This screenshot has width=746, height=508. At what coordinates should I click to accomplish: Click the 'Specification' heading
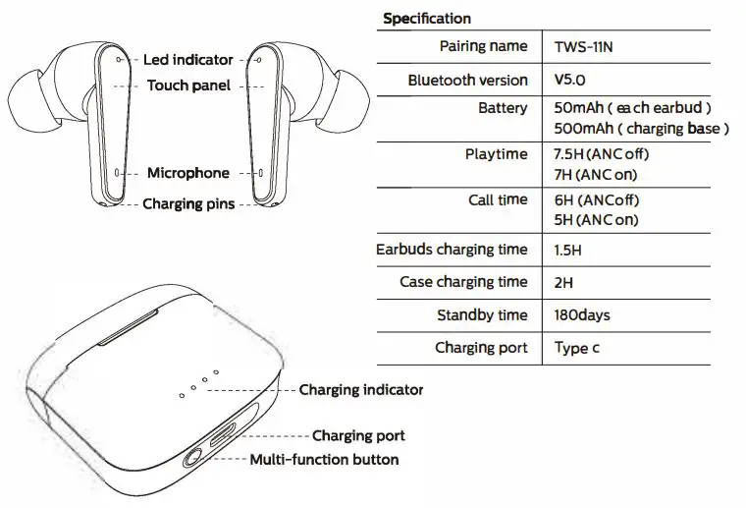(x=426, y=19)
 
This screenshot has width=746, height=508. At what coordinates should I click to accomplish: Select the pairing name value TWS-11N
(x=587, y=46)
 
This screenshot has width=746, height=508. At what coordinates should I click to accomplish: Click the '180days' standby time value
(x=582, y=315)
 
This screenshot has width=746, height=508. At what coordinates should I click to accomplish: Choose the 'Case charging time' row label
(x=463, y=282)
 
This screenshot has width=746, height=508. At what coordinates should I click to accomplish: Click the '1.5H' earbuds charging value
(x=568, y=251)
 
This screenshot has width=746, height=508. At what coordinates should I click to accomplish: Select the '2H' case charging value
(x=564, y=283)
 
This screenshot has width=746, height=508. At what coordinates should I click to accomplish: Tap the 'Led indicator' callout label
(x=188, y=60)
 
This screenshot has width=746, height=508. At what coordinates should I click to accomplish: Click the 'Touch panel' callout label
(x=188, y=85)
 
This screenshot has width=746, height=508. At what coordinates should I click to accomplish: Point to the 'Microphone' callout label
(x=188, y=173)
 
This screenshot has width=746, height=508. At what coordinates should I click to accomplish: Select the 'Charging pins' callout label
(x=188, y=204)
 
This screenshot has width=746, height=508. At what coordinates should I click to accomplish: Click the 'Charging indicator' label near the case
(x=361, y=390)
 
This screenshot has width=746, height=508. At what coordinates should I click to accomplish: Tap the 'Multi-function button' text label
(x=324, y=460)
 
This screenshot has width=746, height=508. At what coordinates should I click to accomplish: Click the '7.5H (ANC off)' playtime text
(x=602, y=154)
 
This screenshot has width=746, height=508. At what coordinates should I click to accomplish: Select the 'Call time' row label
(x=498, y=199)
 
